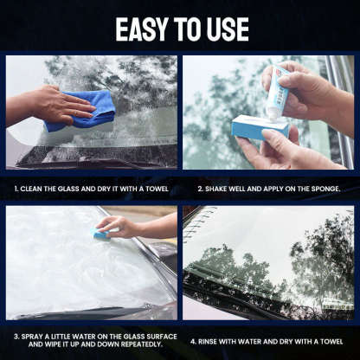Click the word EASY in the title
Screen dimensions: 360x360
coord(141,29)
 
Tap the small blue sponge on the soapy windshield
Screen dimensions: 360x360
coord(101,233)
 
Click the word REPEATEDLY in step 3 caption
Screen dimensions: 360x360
coord(137,346)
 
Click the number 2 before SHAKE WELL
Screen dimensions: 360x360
coord(200,186)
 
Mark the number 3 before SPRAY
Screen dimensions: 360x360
coord(16,337)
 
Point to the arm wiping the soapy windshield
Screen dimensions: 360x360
coord(151,227)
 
